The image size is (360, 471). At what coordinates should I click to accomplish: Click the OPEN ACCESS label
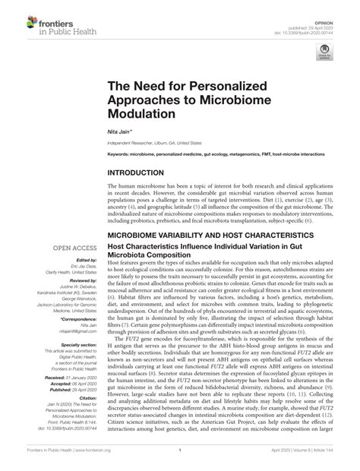pos(73,247)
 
